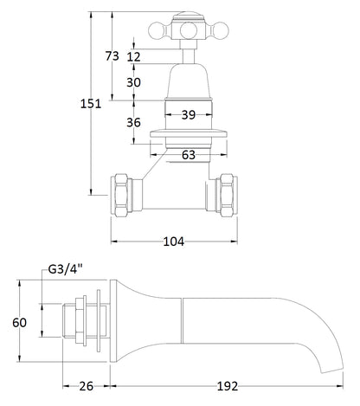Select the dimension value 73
coord(112,55)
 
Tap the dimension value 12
coord(134,57)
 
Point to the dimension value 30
coord(134,82)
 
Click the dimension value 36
coord(134,122)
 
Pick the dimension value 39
coord(188,114)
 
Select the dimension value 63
coord(188,155)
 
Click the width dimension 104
coord(173,242)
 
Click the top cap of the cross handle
coord(187,13)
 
